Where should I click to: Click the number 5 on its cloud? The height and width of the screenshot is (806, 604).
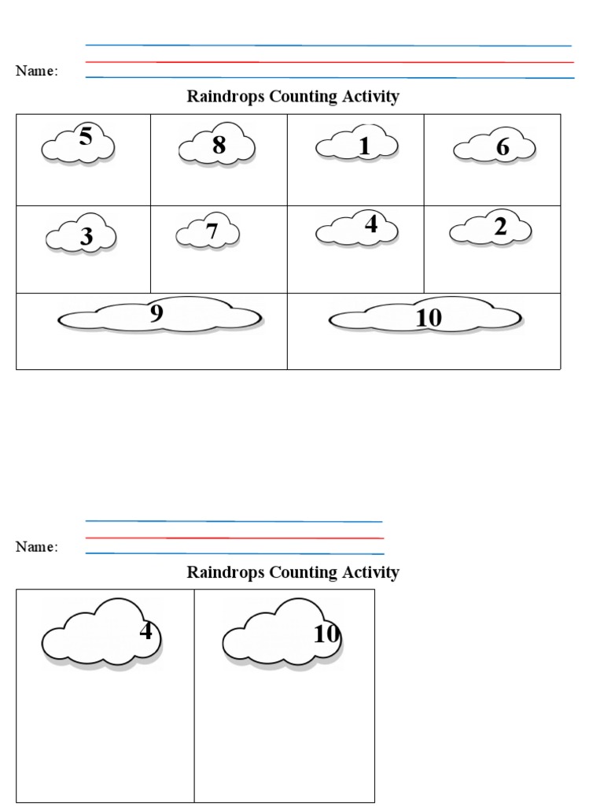click(86, 137)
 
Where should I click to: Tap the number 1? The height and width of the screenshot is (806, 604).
click(364, 146)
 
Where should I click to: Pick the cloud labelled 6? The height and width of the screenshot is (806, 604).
click(494, 148)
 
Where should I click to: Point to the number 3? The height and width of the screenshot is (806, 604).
click(87, 237)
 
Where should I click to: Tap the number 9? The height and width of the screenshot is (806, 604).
click(157, 313)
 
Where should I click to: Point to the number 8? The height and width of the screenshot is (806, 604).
click(219, 145)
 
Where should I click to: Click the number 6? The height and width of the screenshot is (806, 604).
click(503, 147)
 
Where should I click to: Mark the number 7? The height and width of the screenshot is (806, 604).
click(212, 231)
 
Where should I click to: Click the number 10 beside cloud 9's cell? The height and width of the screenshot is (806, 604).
click(429, 318)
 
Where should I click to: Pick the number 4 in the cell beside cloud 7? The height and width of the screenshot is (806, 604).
click(371, 225)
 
